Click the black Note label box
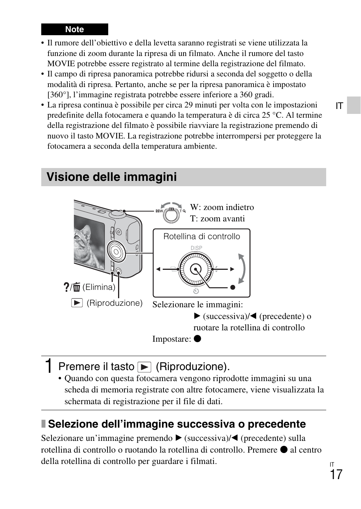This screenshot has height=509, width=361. click(75, 30)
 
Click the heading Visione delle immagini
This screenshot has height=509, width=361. click(112, 177)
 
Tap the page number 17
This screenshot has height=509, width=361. click(336, 475)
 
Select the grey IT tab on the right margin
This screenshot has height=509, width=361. click(353, 106)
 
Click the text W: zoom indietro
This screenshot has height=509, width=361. click(222, 207)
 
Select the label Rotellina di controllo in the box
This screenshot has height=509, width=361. click(201, 237)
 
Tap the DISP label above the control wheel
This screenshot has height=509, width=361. click(196, 248)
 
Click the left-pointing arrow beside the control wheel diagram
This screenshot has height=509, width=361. click(158, 269)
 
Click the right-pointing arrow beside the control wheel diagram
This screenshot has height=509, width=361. click(232, 269)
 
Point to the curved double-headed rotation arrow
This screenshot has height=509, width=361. click(242, 269)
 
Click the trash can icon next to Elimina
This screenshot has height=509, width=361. click(77, 287)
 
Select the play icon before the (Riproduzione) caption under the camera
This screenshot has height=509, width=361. click(76, 303)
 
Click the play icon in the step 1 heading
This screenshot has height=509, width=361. click(145, 367)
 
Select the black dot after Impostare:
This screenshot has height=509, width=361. click(197, 339)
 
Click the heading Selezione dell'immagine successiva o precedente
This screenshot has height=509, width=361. click(177, 424)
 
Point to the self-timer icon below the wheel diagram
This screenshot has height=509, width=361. click(196, 291)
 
